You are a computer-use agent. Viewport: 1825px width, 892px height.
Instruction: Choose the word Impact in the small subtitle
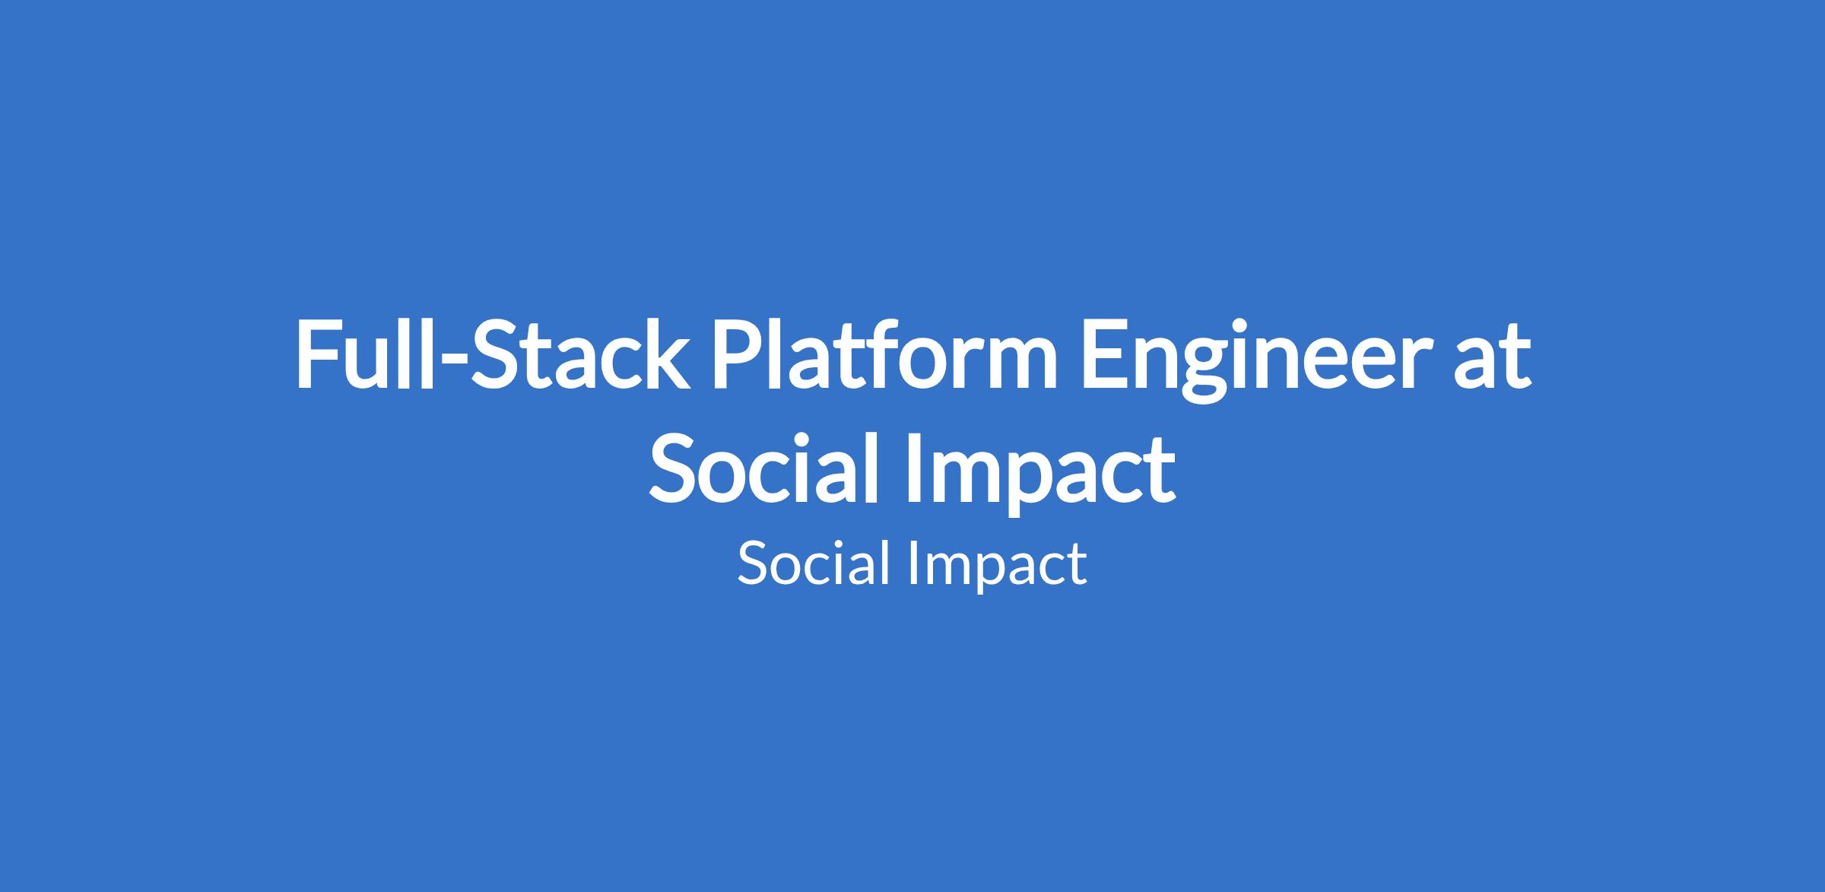pos(998,567)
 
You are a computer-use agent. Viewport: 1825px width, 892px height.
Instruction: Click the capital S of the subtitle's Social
pos(753,565)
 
